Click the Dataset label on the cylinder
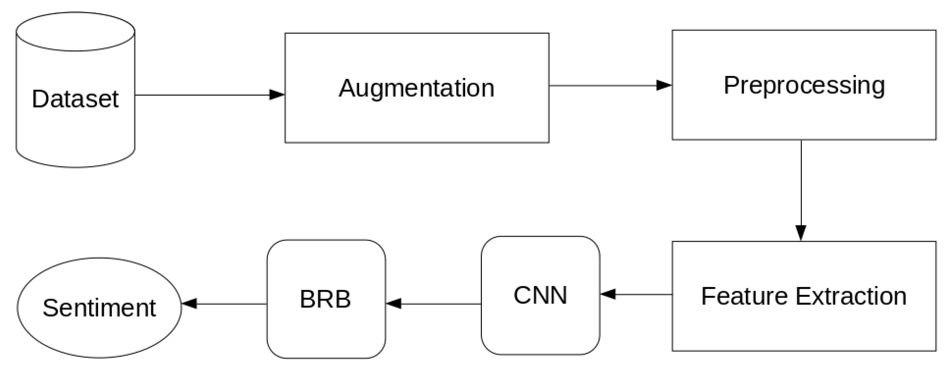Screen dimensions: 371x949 [75, 99]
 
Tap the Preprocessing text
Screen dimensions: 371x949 [804, 86]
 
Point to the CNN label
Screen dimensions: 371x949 [540, 295]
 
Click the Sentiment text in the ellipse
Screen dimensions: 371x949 [99, 308]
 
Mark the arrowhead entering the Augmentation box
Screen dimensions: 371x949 [277, 95]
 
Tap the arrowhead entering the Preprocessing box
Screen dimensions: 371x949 [664, 86]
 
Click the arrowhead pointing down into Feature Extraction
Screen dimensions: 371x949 [801, 233]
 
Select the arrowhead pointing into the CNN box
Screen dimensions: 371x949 [608, 295]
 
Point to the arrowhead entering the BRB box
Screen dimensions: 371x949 [393, 304]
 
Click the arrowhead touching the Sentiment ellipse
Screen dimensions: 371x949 [189, 304]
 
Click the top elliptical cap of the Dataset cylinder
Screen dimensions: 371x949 [75, 31]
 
